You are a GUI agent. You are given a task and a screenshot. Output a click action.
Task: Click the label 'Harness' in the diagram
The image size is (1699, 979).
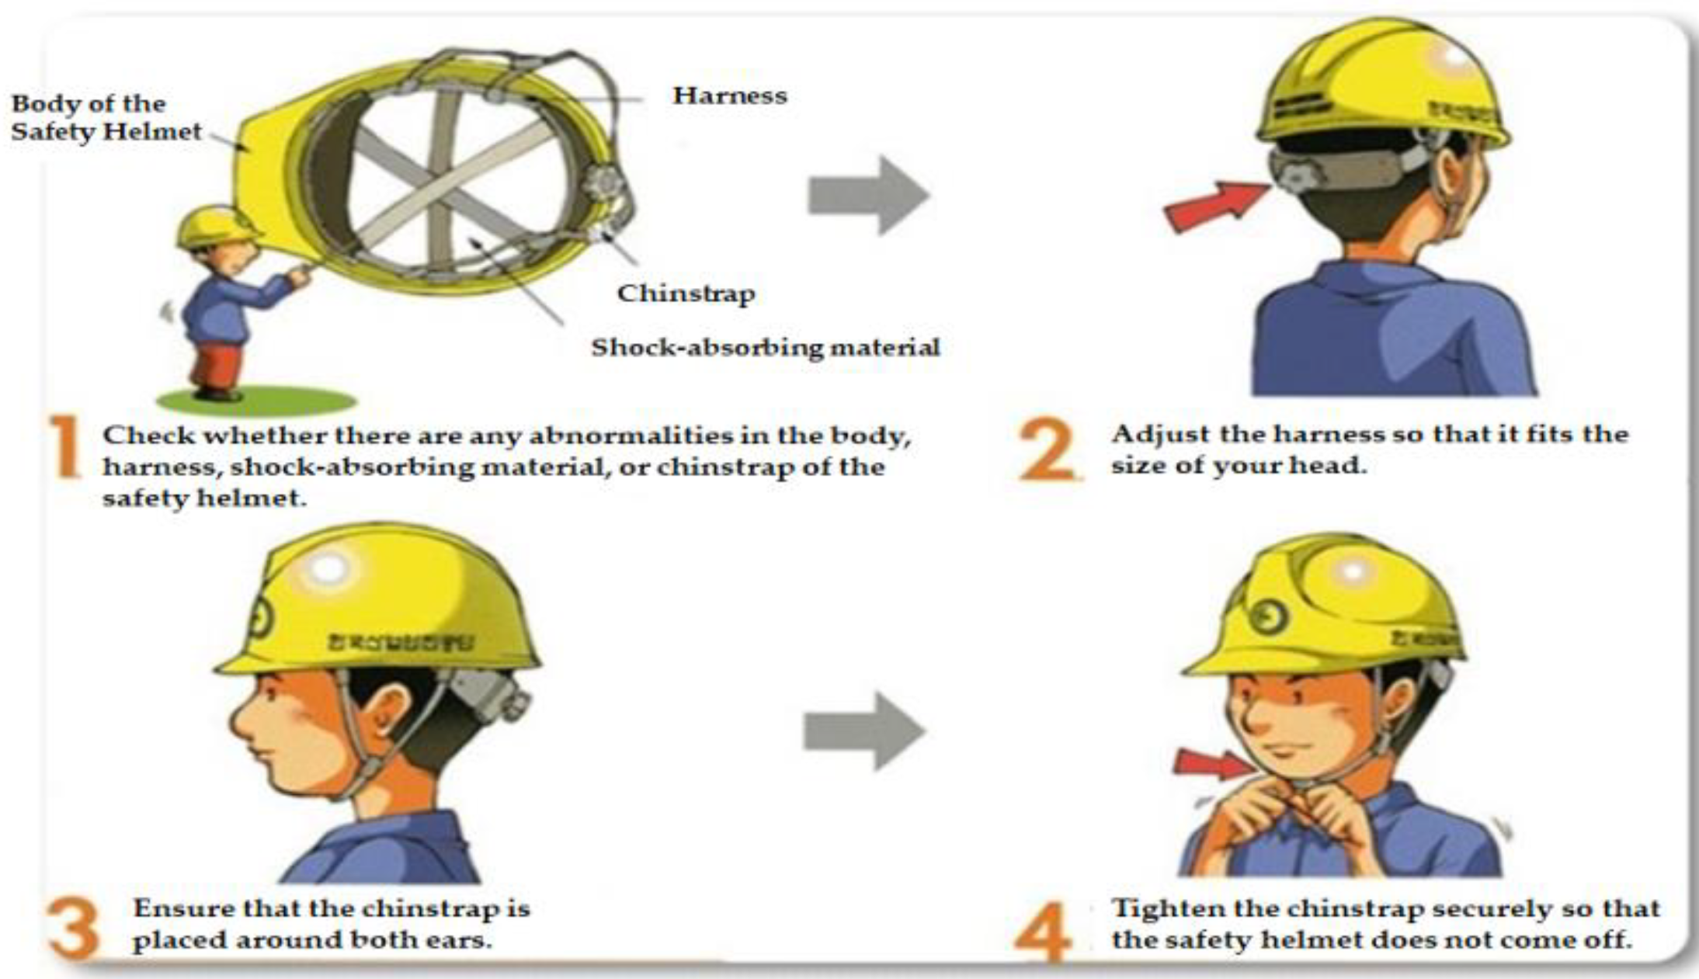click(x=729, y=95)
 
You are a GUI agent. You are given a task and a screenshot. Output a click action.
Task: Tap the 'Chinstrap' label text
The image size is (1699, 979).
click(x=686, y=293)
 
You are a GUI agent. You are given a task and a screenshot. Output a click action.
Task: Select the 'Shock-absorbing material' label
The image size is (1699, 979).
click(x=765, y=347)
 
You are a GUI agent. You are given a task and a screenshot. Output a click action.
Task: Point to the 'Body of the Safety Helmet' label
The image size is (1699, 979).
click(x=106, y=117)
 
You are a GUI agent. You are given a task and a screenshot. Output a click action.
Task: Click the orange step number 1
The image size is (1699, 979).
click(x=66, y=447)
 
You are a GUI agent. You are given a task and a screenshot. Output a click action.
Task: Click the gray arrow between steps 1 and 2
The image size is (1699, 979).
click(x=868, y=195)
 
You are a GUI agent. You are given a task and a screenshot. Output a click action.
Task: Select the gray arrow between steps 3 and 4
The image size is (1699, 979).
click(x=863, y=731)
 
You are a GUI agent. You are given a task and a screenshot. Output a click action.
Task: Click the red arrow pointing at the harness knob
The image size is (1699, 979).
click(x=1213, y=206)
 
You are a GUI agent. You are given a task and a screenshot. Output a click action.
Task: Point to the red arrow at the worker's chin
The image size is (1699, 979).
click(x=1211, y=763)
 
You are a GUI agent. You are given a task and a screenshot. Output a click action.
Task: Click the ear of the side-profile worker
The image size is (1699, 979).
click(x=388, y=710)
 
